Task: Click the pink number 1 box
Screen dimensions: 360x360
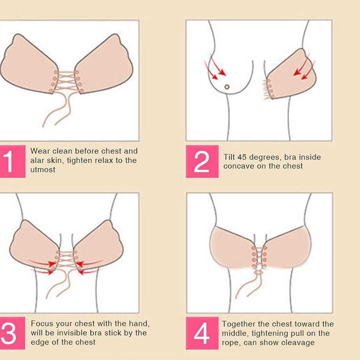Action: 12,161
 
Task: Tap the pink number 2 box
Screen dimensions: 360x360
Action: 202,161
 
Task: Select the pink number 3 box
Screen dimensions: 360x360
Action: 12,333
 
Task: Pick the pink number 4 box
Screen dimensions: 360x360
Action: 202,333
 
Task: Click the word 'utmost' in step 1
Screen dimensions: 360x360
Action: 43,170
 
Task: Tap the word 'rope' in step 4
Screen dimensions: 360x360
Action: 230,343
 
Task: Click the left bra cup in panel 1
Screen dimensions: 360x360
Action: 29,65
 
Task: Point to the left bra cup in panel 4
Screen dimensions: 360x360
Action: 232,247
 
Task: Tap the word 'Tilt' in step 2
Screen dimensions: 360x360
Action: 229,157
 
